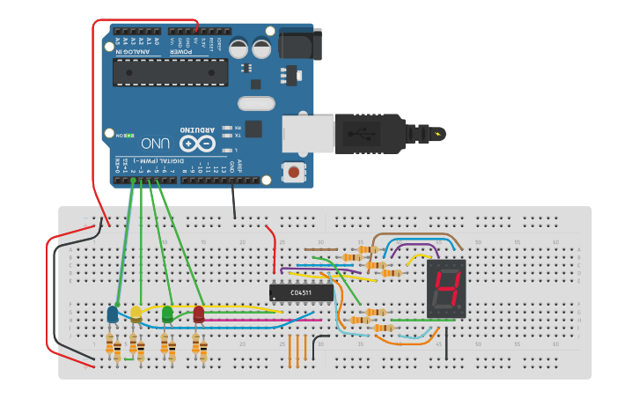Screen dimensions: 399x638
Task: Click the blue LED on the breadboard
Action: coord(113,314)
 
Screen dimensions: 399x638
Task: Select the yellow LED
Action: coord(136,313)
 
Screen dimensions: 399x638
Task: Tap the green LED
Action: coord(167,313)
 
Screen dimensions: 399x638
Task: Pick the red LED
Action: coord(198,313)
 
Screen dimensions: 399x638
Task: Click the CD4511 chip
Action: coord(301,292)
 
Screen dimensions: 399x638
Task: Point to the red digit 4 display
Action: coord(445,289)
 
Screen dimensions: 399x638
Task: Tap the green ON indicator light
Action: coord(129,136)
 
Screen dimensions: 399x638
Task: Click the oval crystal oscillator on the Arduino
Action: coord(256,104)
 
